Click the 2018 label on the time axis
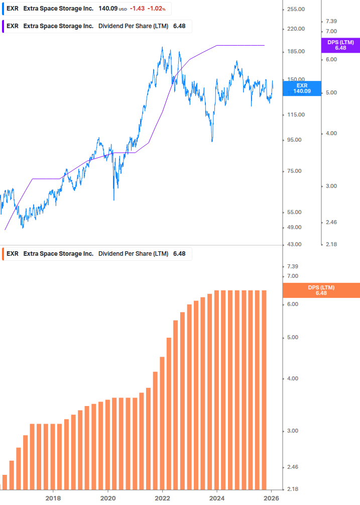(x=53, y=498)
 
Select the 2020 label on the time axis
(x=108, y=498)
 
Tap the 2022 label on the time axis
(x=163, y=498)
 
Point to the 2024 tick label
(x=217, y=498)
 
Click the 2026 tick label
(x=272, y=498)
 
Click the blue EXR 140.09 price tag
(x=302, y=88)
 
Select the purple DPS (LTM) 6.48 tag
(x=340, y=45)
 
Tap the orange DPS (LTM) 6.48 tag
(x=321, y=290)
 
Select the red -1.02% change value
(x=156, y=9)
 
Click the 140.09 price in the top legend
(x=107, y=9)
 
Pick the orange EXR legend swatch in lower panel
(x=4, y=254)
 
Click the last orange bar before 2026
(x=263, y=389)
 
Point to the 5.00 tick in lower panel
(x=292, y=337)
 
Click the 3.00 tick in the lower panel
(x=292, y=431)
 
